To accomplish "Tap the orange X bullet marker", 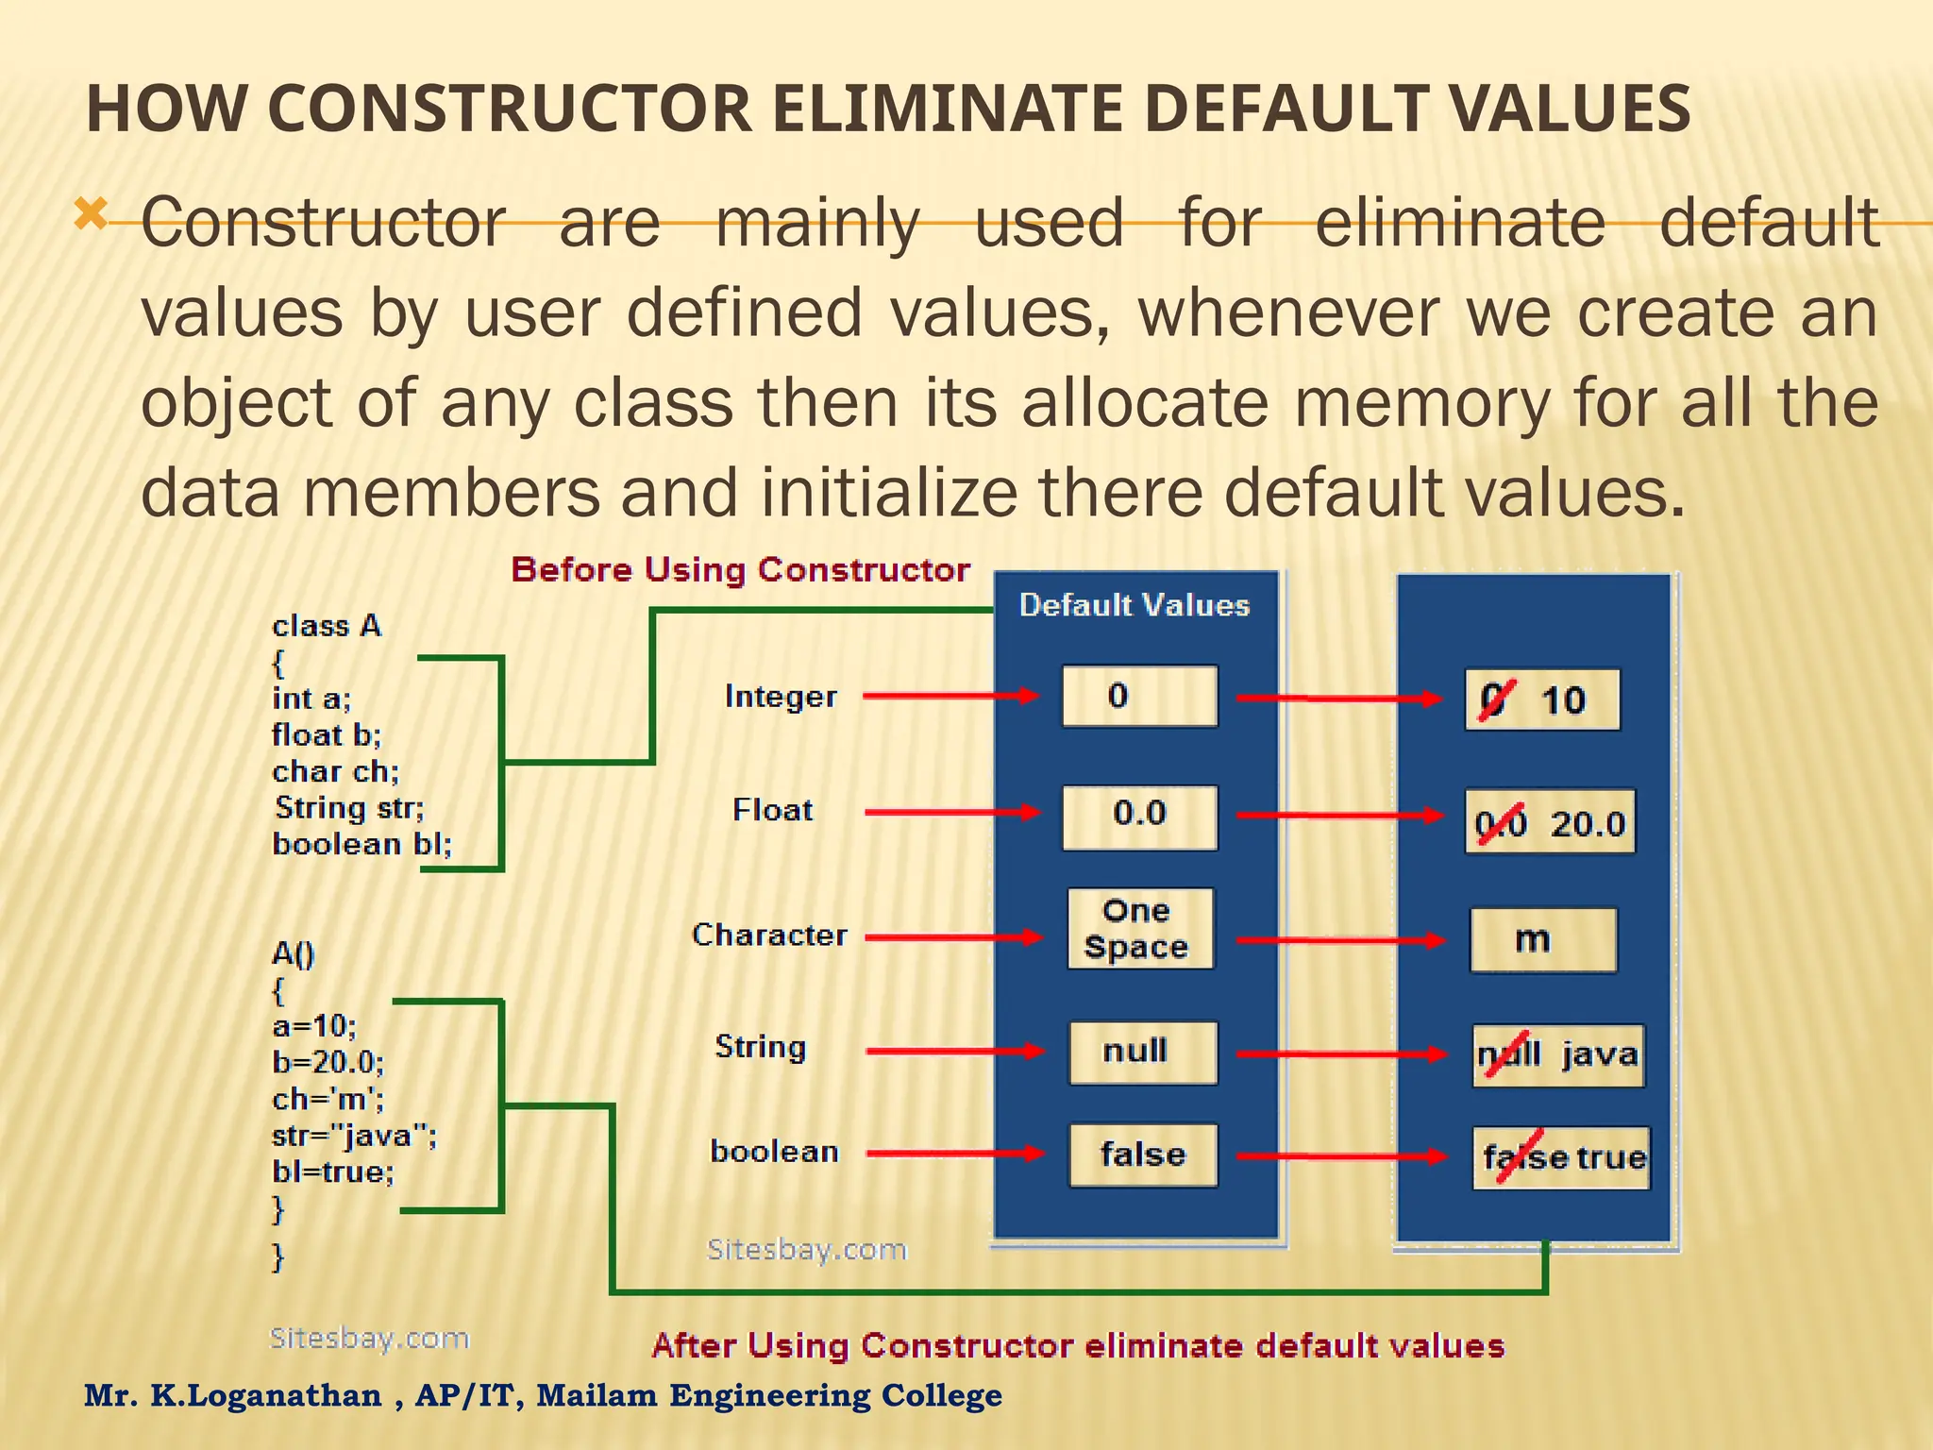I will [x=92, y=215].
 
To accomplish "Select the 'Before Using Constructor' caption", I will [x=740, y=570].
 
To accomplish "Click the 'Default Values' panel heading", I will [x=1135, y=605].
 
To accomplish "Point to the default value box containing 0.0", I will [x=1139, y=816].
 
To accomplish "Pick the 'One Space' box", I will [x=1140, y=929].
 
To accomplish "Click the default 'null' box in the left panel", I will [x=1142, y=1053].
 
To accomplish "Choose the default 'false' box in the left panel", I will [x=1142, y=1155].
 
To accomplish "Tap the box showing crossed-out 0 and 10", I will [x=1542, y=700].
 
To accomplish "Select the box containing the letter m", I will [x=1542, y=940].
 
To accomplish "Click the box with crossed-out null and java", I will [x=1557, y=1055].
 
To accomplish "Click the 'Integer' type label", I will [x=781, y=697].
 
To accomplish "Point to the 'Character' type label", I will [x=769, y=936].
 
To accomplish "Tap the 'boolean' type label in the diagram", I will [x=774, y=1152].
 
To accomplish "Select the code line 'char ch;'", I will [x=336, y=772].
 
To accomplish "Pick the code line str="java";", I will [x=354, y=1135].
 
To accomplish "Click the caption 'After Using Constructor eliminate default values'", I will [x=1078, y=1345].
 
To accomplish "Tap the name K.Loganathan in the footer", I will [x=266, y=1395].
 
